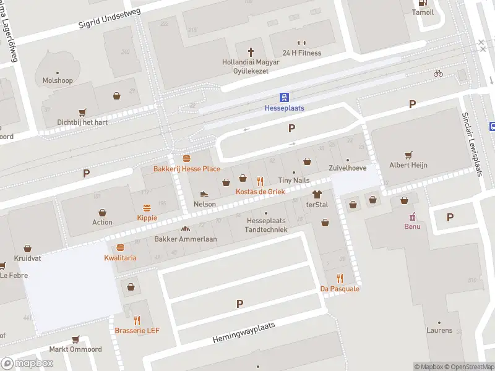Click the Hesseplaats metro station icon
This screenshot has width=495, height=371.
click(x=284, y=97)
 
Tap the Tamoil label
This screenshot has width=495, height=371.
click(x=423, y=12)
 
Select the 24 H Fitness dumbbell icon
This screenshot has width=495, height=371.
click(x=301, y=43)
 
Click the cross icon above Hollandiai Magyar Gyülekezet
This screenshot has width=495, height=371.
click(x=251, y=52)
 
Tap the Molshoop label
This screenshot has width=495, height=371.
click(x=57, y=80)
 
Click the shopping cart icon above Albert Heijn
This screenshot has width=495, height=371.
click(x=408, y=155)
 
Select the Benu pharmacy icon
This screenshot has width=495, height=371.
click(x=412, y=216)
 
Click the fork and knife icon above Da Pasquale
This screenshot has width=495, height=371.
click(x=340, y=278)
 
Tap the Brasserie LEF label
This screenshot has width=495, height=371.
click(x=137, y=330)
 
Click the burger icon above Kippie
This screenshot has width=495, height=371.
click(x=147, y=208)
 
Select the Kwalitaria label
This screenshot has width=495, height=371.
click(x=120, y=257)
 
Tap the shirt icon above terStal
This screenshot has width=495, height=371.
click(x=318, y=194)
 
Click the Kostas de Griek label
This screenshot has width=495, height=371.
click(x=260, y=192)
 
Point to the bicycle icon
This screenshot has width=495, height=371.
click(x=438, y=73)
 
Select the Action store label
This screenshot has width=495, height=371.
click(x=102, y=222)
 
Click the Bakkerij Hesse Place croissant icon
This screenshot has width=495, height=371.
click(x=186, y=159)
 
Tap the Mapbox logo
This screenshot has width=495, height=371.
click(x=27, y=364)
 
